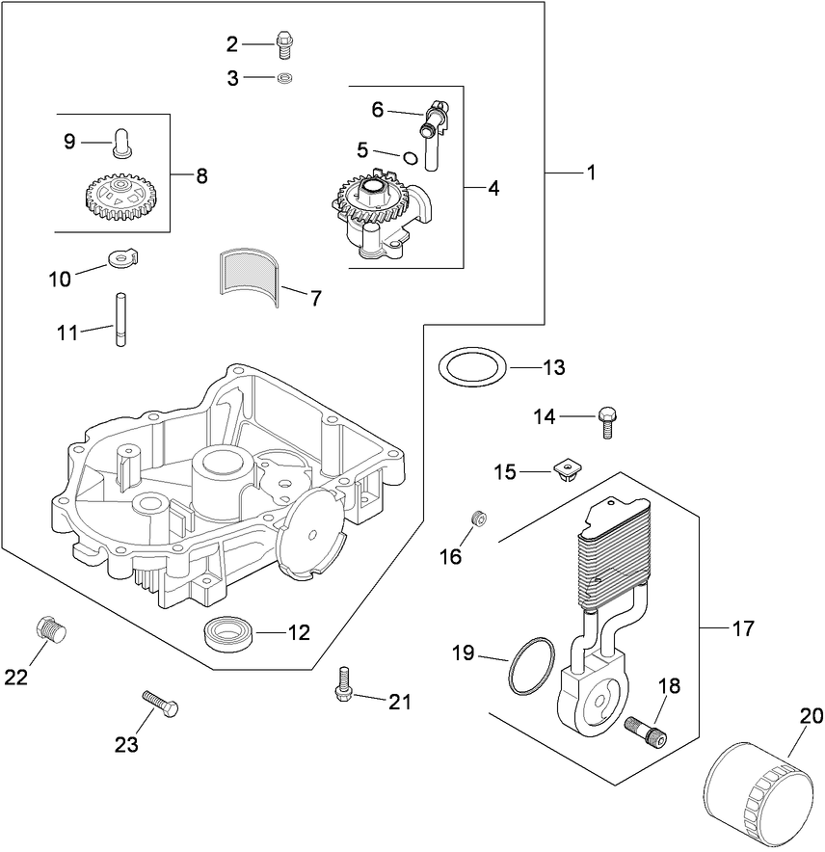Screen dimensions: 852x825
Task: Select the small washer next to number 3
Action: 284,78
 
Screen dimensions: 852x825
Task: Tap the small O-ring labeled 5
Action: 411,158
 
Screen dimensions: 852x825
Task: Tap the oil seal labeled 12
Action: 229,633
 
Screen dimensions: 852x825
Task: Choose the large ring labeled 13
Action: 472,368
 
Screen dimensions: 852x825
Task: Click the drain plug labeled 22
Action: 50,632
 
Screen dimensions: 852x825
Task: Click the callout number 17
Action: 742,628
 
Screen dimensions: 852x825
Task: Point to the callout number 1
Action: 590,173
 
